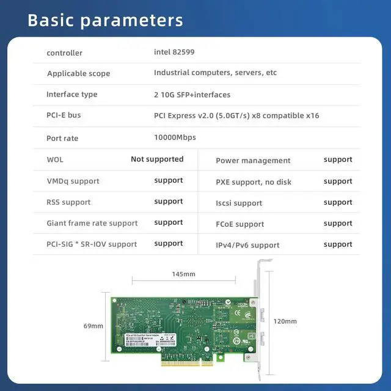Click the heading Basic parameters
(105, 20)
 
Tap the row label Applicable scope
(79, 74)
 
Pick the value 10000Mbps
(175, 137)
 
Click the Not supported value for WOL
(157, 159)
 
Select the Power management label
(253, 161)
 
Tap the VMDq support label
(73, 181)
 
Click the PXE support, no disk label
(254, 182)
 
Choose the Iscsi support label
(239, 203)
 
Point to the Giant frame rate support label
(92, 224)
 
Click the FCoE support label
(240, 224)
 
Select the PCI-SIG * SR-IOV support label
(92, 244)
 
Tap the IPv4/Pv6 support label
(247, 245)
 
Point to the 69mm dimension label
(93, 326)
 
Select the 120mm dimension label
(285, 321)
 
